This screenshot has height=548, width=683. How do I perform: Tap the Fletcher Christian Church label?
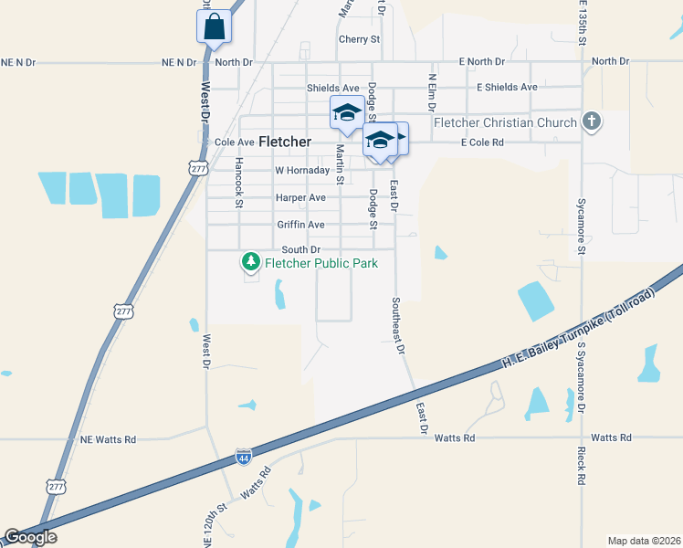tap(505, 122)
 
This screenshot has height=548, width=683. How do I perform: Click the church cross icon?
tap(592, 121)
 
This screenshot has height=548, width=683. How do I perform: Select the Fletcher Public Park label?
tap(320, 263)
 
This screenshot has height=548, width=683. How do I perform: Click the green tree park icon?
tap(250, 263)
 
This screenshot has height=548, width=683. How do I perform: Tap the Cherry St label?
tap(359, 39)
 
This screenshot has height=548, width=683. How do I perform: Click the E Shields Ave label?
tap(507, 88)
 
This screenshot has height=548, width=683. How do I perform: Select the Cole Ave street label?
tap(234, 142)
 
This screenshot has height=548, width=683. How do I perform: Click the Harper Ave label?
tap(300, 198)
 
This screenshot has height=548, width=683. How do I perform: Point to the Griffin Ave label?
tap(301, 225)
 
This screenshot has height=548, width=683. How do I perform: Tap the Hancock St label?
tap(238, 183)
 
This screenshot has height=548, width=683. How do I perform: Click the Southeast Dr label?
tap(397, 324)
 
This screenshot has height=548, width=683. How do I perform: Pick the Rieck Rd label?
tap(581, 466)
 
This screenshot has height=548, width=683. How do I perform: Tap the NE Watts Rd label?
tap(108, 439)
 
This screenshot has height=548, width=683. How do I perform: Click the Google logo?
tap(30, 538)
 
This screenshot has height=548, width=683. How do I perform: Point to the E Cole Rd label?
tap(482, 143)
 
